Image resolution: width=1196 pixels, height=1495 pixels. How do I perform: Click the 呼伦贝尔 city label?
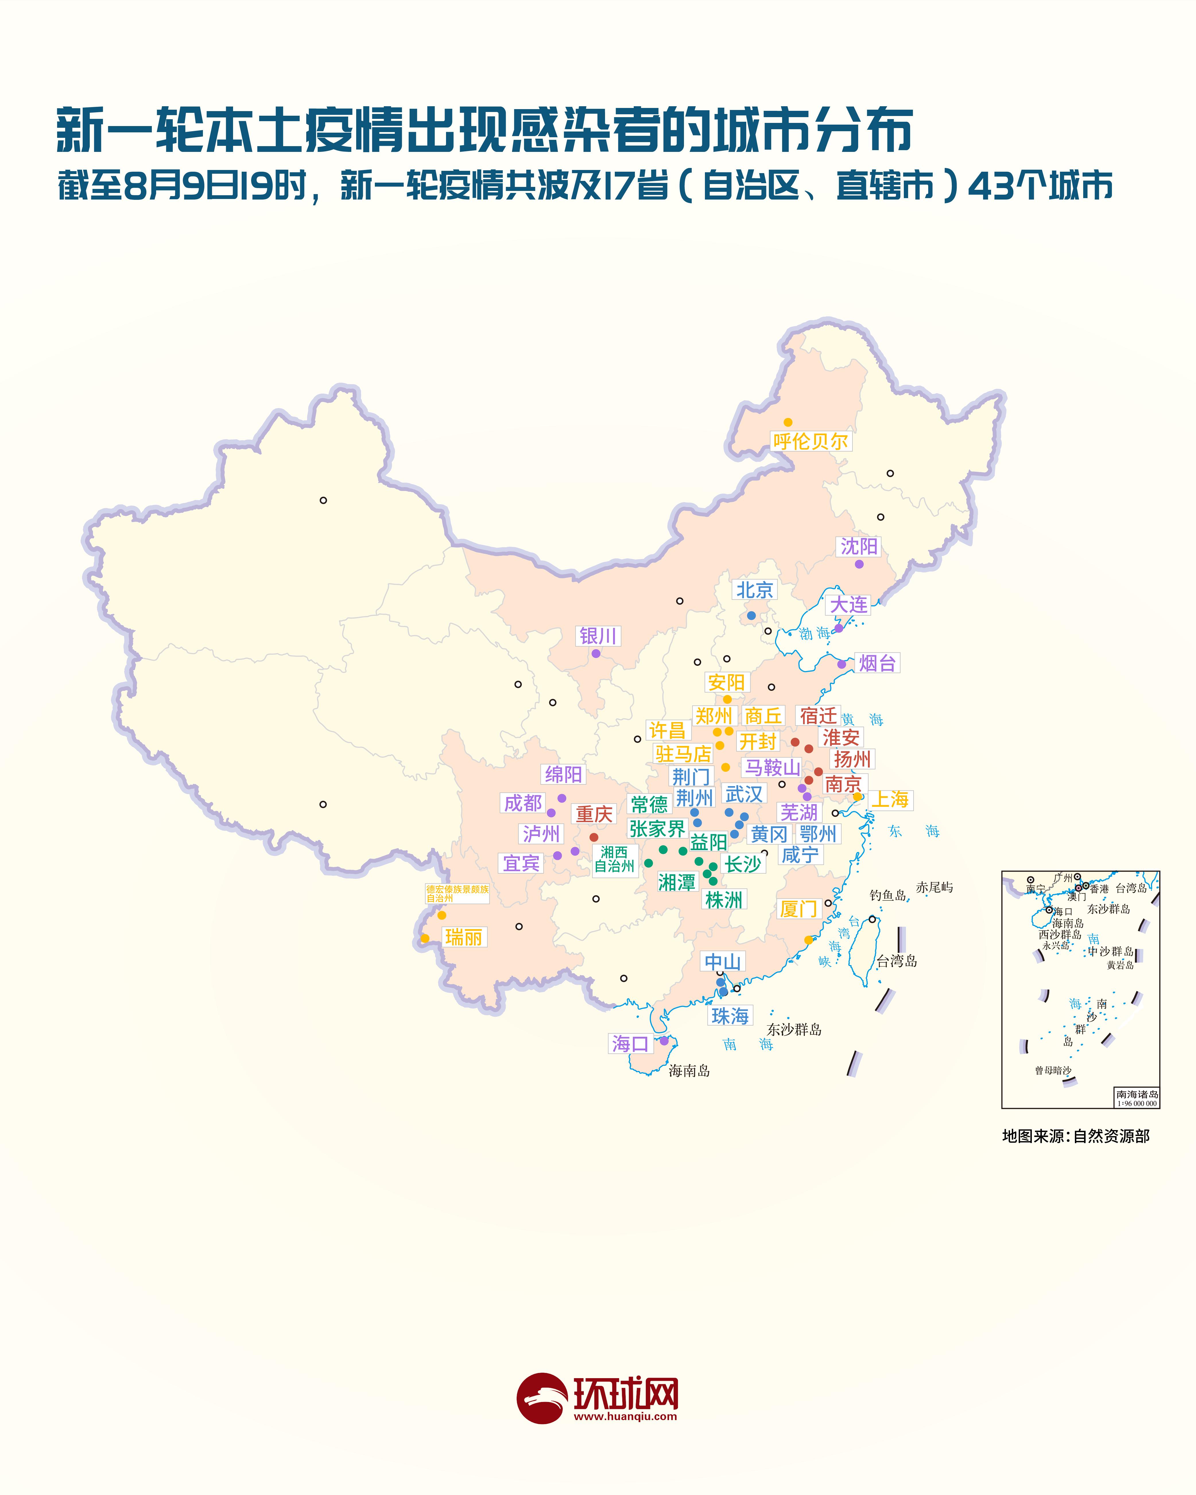pyautogui.click(x=811, y=441)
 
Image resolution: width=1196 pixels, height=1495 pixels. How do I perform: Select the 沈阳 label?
pyautogui.click(x=859, y=546)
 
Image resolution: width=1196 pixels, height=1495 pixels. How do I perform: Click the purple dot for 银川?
pyautogui.click(x=596, y=653)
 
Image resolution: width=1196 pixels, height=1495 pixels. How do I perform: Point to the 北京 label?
pyautogui.click(x=754, y=590)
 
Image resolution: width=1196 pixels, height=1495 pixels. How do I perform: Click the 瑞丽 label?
pyautogui.click(x=463, y=937)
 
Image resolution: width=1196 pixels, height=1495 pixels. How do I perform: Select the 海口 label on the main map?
pyautogui.click(x=629, y=1044)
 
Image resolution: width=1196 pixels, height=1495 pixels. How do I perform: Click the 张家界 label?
pyautogui.click(x=657, y=829)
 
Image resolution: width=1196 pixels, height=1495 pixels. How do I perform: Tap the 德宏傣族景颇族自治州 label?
pyautogui.click(x=457, y=893)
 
